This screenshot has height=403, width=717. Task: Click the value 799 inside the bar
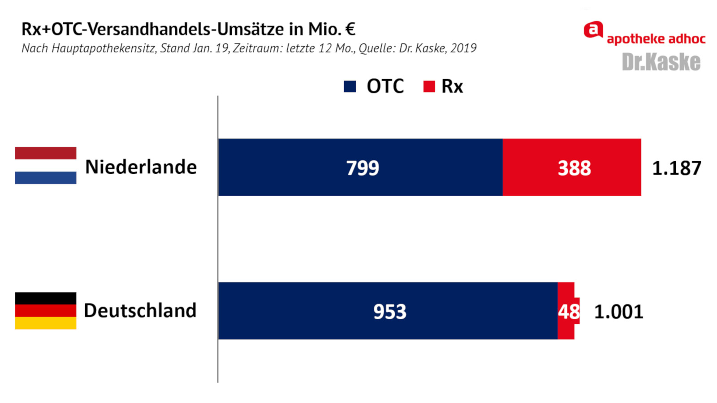click(x=363, y=168)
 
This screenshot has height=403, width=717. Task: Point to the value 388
click(x=574, y=168)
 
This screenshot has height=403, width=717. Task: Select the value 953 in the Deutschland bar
click(x=389, y=312)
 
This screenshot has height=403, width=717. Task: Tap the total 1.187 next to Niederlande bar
click(x=676, y=168)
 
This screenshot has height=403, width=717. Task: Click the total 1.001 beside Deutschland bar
click(x=618, y=312)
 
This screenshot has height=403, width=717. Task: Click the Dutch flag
click(x=46, y=165)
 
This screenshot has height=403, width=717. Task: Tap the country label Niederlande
click(x=141, y=167)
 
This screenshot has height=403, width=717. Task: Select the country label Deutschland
click(x=140, y=310)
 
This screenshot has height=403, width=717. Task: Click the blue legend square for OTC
click(x=350, y=86)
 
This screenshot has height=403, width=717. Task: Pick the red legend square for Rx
click(x=429, y=86)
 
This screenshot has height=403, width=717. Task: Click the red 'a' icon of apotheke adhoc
click(x=593, y=30)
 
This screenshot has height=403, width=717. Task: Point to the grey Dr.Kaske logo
click(x=661, y=62)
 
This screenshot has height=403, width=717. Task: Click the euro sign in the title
click(x=350, y=29)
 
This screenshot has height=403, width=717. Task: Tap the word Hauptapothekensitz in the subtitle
click(x=104, y=48)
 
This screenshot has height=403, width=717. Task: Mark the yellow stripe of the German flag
click(x=46, y=323)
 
